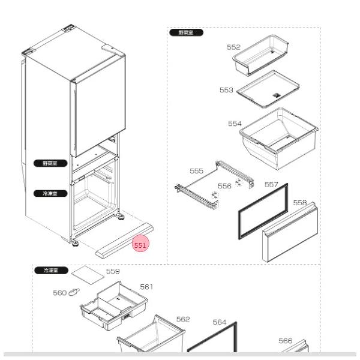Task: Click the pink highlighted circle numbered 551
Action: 140,245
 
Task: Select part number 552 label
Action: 233,47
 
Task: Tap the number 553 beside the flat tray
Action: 226,90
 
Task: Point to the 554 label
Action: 235,124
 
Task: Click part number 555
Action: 196,171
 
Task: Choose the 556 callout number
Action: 224,186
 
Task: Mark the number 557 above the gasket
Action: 271,185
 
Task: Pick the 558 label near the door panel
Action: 300,203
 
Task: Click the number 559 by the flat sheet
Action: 113,271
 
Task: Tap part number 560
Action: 59,293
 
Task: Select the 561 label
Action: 146,287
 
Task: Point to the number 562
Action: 183,319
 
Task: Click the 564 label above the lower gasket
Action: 220,322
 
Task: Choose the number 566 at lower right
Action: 286,341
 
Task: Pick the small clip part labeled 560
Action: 75,292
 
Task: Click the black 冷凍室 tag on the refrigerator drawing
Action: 46,193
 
